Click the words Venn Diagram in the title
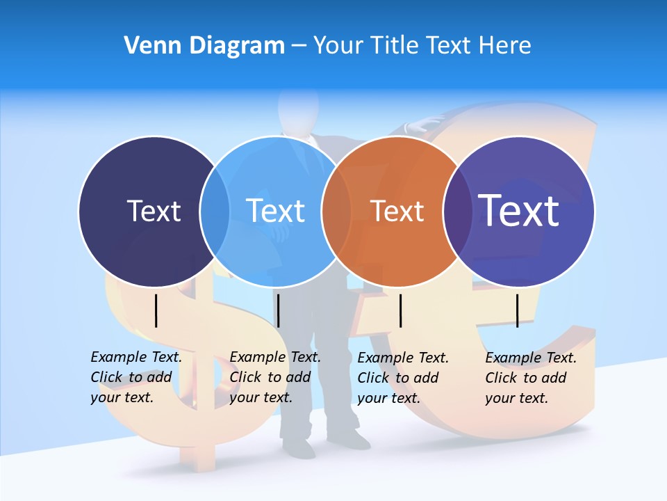204,46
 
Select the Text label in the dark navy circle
154,211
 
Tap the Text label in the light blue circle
275,211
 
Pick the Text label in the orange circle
397,211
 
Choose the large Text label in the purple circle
518,210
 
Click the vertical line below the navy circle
156,310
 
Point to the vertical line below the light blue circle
278,310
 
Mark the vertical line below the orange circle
401,310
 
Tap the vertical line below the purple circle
518,310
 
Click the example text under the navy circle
136,377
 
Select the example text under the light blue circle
275,377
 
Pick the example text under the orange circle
403,378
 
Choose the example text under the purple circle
531,378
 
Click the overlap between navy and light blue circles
215,211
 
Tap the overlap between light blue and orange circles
336,211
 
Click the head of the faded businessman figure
298,108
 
